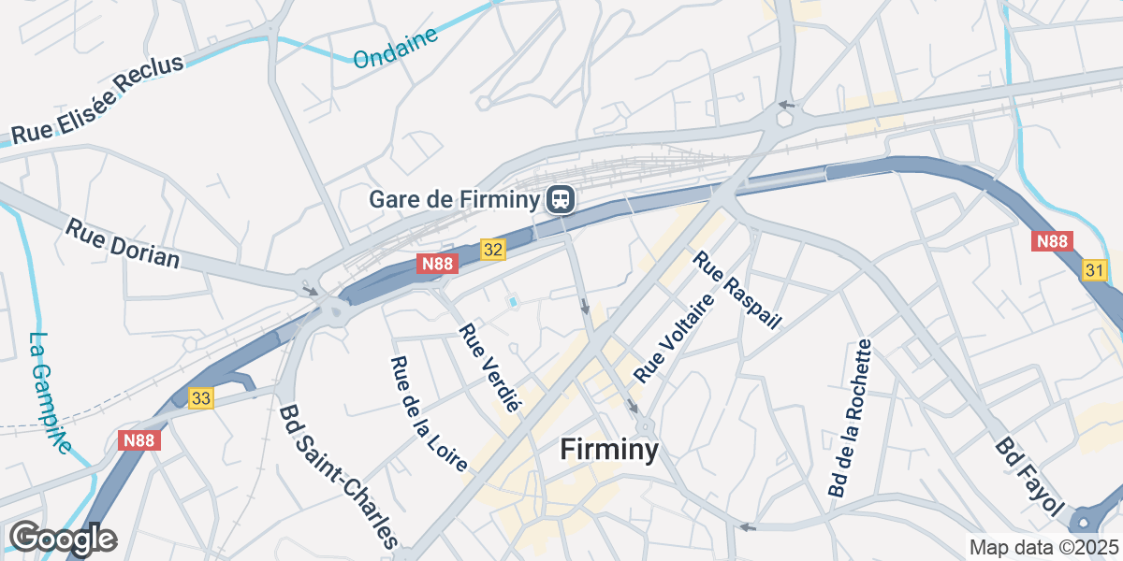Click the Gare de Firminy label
(x=455, y=199)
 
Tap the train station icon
(x=561, y=199)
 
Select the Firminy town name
(x=609, y=450)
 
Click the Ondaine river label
(x=396, y=48)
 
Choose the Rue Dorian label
(x=122, y=242)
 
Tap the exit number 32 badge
(x=494, y=250)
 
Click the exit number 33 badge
(x=201, y=398)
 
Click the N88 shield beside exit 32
(x=438, y=264)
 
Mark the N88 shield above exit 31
(x=1053, y=241)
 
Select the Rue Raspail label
(x=737, y=290)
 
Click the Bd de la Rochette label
(x=850, y=418)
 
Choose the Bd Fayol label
(x=1030, y=477)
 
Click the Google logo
(x=63, y=539)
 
